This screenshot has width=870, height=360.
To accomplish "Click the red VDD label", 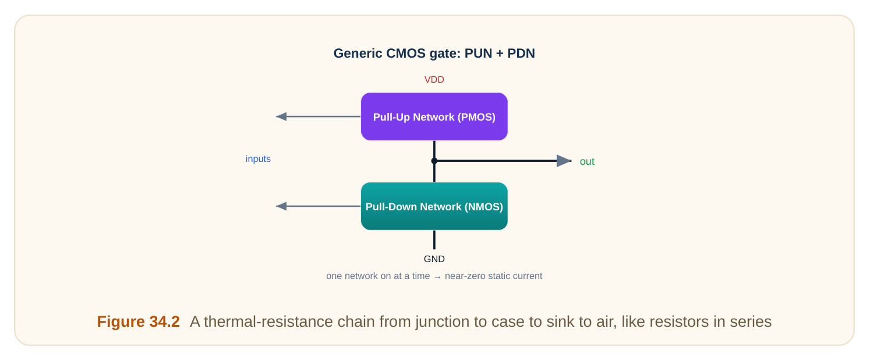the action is tap(434, 80).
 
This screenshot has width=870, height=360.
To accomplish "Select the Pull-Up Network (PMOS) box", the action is tap(434, 117).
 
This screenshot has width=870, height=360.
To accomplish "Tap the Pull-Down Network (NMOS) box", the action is tap(434, 206).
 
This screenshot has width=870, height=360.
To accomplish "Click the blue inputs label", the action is tap(258, 159).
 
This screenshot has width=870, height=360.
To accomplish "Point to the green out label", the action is tap(587, 161).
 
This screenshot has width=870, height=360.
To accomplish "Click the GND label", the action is tap(434, 259).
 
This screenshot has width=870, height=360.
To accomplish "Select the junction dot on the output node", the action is tap(434, 161).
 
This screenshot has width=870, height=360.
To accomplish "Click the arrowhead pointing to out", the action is tap(564, 161).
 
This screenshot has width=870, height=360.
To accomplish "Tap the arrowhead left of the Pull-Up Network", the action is tap(281, 117).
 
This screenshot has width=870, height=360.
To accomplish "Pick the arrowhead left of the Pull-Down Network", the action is tap(281, 206).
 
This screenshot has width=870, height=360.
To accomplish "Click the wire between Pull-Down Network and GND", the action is tap(434, 239).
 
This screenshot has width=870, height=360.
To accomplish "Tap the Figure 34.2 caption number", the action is tap(138, 322).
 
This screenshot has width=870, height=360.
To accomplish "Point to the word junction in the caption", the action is tap(439, 322).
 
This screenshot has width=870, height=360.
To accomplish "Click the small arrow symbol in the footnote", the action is tap(437, 277).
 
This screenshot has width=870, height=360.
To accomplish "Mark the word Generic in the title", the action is tap(358, 53).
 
